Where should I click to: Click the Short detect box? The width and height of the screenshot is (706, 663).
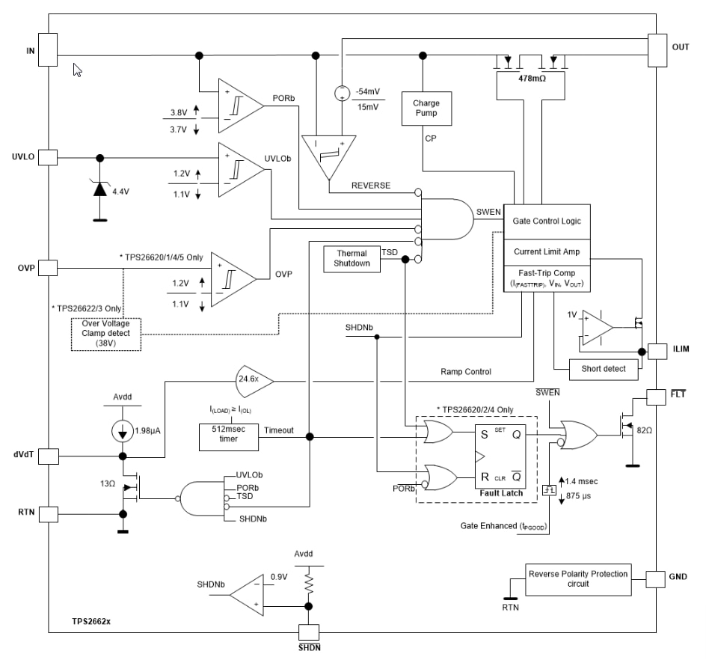601,368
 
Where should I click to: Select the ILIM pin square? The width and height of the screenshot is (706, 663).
656,350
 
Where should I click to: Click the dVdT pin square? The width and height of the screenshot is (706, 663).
47,456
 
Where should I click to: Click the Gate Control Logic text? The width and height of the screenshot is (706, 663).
547,221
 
